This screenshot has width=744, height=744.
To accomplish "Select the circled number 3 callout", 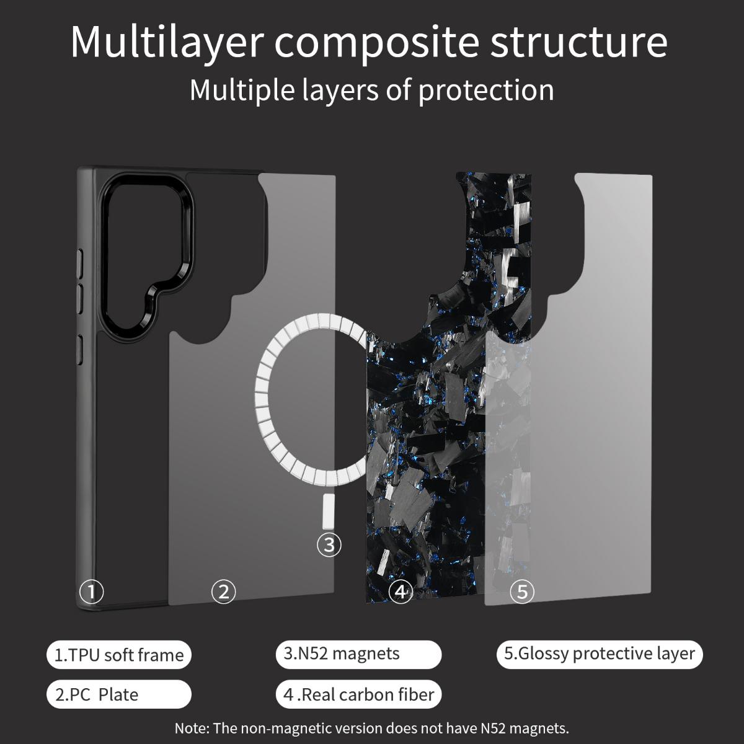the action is point(329,544).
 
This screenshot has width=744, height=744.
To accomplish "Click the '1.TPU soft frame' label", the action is point(119,655).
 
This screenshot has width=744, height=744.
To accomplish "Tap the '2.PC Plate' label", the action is point(119,694).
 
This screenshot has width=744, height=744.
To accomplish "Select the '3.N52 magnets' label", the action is point(358,655).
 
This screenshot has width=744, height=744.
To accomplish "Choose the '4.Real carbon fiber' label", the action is point(358,694).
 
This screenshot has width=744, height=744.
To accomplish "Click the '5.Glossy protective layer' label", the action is point(599,655).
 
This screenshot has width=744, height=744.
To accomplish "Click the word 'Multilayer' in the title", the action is point(167,43).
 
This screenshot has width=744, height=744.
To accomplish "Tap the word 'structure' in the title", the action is point(579,43).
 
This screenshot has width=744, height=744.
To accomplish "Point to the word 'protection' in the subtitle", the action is point(485,91).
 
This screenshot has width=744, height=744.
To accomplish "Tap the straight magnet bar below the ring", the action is point(328,511).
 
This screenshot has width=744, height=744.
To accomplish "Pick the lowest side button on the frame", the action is point(80,350).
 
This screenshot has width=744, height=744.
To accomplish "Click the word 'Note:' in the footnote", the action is point(192,728).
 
